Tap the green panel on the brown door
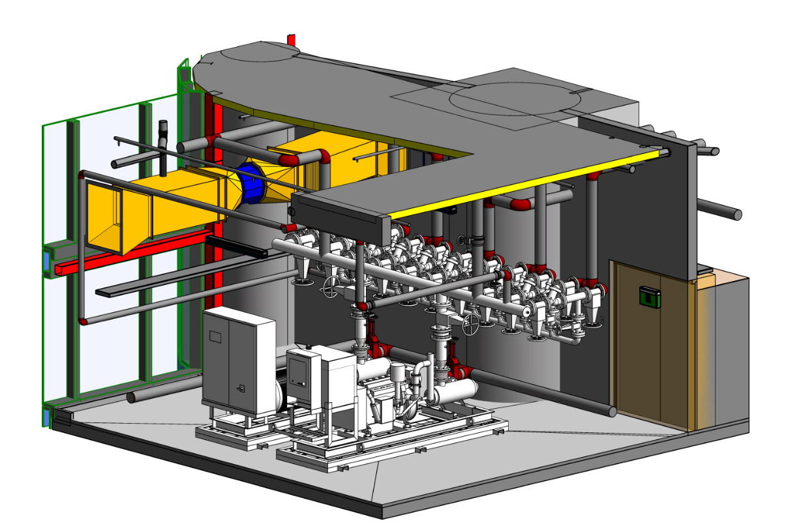point(648,296)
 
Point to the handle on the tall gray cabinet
point(241,389)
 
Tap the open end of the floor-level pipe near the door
point(614,411)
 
